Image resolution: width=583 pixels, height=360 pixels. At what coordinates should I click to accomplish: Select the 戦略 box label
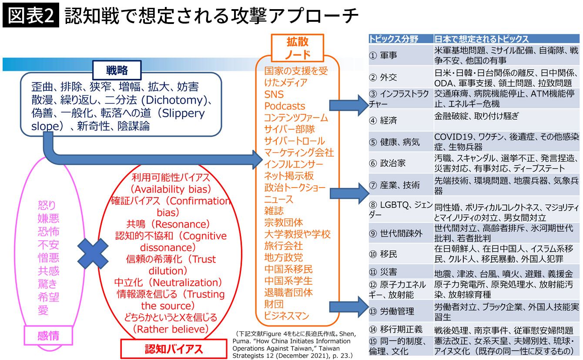117,70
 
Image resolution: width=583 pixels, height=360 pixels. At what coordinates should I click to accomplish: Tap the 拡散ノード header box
297,48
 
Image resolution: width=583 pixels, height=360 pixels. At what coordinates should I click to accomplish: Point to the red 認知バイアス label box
173,349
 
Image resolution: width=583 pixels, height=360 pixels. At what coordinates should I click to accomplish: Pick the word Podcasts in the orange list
285,106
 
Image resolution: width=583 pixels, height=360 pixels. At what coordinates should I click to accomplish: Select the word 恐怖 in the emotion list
48,231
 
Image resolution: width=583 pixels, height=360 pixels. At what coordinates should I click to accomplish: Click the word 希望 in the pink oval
48,297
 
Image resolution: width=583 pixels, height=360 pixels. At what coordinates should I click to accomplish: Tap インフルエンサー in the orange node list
294,165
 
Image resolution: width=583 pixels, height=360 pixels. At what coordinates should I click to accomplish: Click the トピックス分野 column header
393,39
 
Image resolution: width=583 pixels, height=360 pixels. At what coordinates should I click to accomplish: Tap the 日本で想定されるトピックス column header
481,39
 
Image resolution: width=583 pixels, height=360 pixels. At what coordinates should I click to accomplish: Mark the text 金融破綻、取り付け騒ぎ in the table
477,116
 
